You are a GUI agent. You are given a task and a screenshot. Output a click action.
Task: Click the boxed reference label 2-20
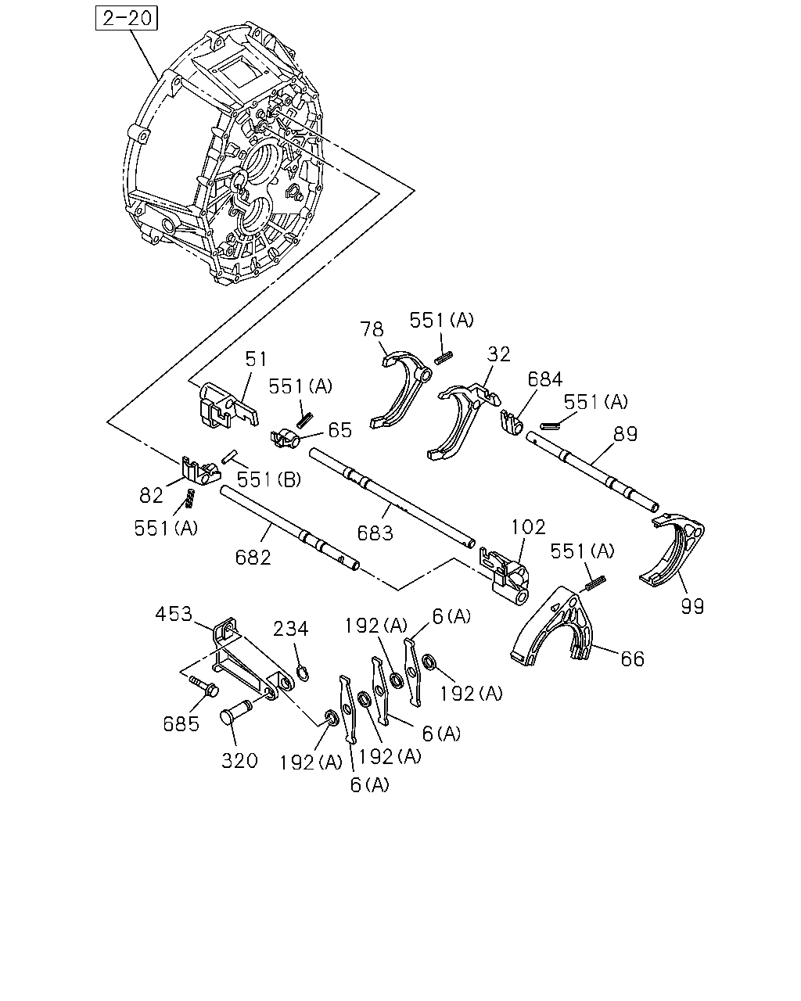pyautogui.click(x=127, y=18)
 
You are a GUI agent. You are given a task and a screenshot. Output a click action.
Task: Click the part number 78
pyautogui.click(x=372, y=329)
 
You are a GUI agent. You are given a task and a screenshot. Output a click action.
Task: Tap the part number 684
pyautogui.click(x=544, y=379)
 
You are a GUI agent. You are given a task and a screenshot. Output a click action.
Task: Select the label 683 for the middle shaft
pyautogui.click(x=375, y=533)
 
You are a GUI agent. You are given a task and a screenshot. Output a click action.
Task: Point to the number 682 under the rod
pyautogui.click(x=253, y=558)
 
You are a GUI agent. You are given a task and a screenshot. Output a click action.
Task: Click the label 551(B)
pyautogui.click(x=269, y=479)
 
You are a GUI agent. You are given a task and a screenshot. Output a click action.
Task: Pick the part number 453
pyautogui.click(x=174, y=614)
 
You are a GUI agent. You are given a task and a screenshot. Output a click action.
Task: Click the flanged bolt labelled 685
pyautogui.click(x=205, y=686)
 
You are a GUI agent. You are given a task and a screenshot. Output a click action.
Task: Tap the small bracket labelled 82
pyautogui.click(x=200, y=471)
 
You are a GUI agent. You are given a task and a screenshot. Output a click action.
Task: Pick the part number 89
pyautogui.click(x=624, y=434)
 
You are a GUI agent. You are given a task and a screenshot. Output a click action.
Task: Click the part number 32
pyautogui.click(x=499, y=354)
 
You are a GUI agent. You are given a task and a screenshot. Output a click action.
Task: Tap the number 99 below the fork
pyautogui.click(x=692, y=607)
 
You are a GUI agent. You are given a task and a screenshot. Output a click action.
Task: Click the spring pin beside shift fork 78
pyautogui.click(x=444, y=357)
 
